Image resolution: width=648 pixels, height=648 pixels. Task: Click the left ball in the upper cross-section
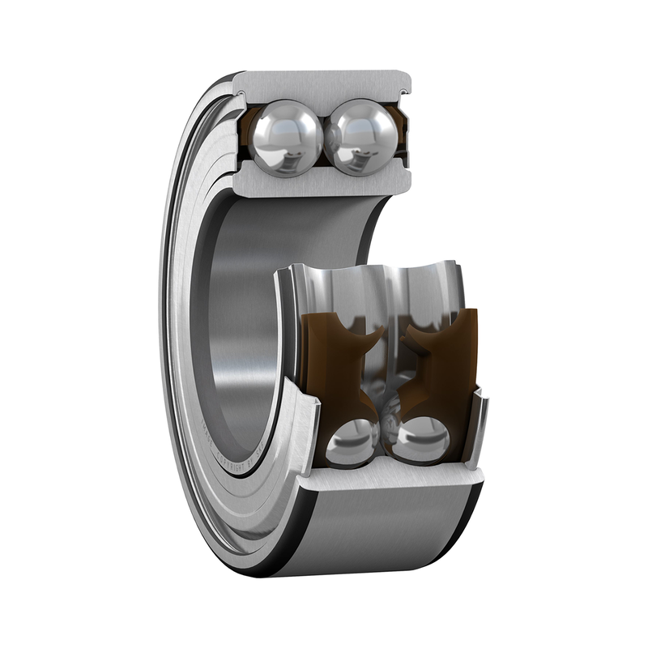tap(286, 134)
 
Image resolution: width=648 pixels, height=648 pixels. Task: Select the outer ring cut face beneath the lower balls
tap(389, 480)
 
